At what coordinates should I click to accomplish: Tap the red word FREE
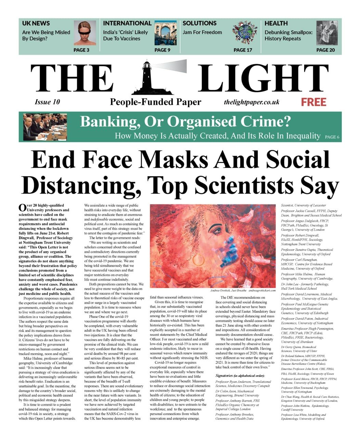pos(313,102)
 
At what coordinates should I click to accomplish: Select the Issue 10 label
pos(47,102)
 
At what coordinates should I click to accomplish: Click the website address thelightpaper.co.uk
pos(252,102)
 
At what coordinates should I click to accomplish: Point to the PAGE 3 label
pos(81,50)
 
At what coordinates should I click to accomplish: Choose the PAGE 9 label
pos(162,50)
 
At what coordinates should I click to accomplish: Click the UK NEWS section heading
pos(36,23)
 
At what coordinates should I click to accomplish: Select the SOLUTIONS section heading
pos(200,23)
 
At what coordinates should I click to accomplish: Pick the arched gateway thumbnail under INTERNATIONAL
pos(166,33)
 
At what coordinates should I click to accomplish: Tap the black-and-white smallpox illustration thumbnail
pos(327,33)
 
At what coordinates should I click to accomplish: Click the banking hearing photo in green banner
pos(44,127)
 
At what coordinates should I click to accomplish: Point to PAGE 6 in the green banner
pos(332,137)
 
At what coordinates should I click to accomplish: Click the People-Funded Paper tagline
pos(155,102)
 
